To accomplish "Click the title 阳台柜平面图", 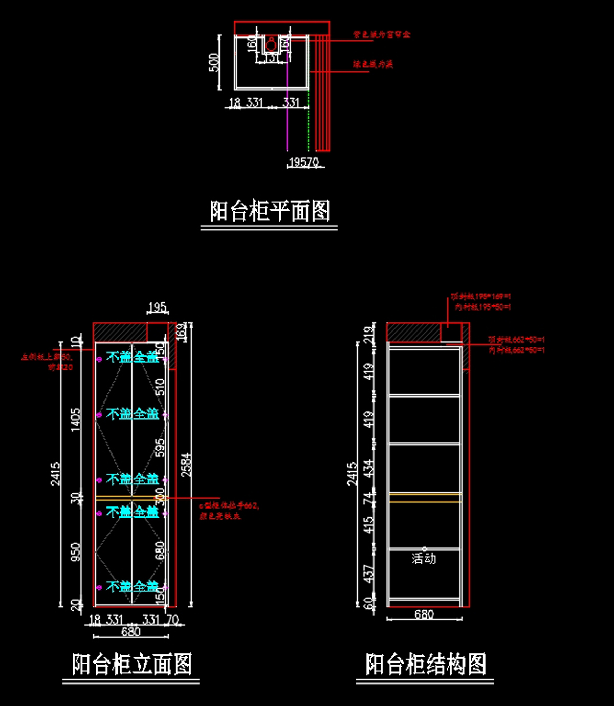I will [270, 211].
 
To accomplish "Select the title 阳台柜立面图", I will [131, 664].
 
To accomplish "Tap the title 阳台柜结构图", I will [425, 664].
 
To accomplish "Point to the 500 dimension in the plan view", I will [214, 62].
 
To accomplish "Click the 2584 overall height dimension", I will [186, 465].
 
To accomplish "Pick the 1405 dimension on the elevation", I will [76, 420].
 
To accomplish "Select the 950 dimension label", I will [76, 551].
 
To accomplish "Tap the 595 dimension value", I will [160, 447].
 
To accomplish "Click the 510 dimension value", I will [160, 386].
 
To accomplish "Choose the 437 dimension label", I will [368, 573].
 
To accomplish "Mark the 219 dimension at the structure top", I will [368, 335].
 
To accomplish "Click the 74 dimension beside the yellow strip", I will [368, 497].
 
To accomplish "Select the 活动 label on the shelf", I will [424, 558].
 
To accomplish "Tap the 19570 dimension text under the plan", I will [304, 162].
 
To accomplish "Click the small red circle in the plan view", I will [271, 46].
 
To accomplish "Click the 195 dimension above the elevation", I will [157, 307].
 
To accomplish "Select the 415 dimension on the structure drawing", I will [368, 525].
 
